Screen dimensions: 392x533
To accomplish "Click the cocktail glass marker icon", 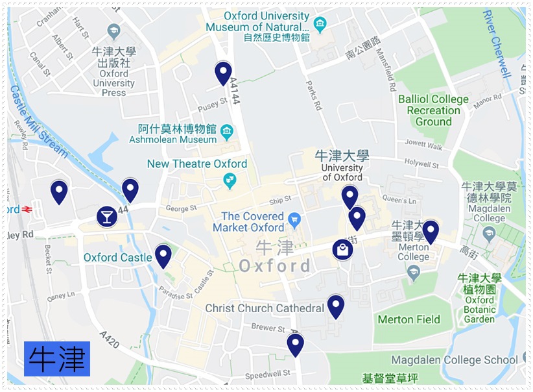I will pos(107,216).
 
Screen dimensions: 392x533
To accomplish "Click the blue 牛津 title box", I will pos(57,358).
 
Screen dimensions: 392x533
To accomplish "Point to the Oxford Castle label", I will pos(117,258).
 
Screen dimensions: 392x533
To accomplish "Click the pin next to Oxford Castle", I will pos(163,255).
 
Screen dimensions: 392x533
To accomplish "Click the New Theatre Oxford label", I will pos(196,164).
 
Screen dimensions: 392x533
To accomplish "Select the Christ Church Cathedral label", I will pos(264,308).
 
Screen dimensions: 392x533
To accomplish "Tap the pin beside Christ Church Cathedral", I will pos(335,306).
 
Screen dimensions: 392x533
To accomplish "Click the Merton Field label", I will pos(409,319).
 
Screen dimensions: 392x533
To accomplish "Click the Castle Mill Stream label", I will pos(39,121).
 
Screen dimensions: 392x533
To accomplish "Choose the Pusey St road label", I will pos(213,101).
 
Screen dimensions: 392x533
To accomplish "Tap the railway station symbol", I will pos(27,210).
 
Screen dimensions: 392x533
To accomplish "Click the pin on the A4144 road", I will pos(223,73).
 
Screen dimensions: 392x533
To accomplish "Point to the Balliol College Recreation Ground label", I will pos(433,110).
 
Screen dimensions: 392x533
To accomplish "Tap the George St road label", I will pos(181,209).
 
